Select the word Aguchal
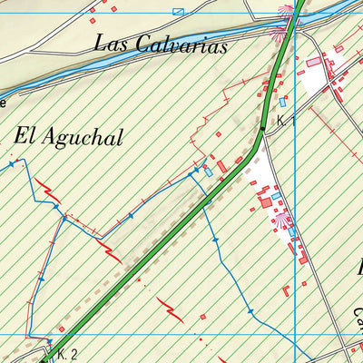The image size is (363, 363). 83,136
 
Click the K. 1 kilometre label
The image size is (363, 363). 288,121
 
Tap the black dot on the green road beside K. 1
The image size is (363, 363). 260,129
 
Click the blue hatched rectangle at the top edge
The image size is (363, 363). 178,12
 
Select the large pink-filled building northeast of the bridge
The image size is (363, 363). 314,62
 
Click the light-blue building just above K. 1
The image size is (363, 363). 282,101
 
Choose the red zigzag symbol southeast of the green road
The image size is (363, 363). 170,309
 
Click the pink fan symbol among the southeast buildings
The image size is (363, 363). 283,220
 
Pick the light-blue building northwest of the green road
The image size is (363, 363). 209,171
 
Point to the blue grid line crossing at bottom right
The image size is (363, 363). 296,335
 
